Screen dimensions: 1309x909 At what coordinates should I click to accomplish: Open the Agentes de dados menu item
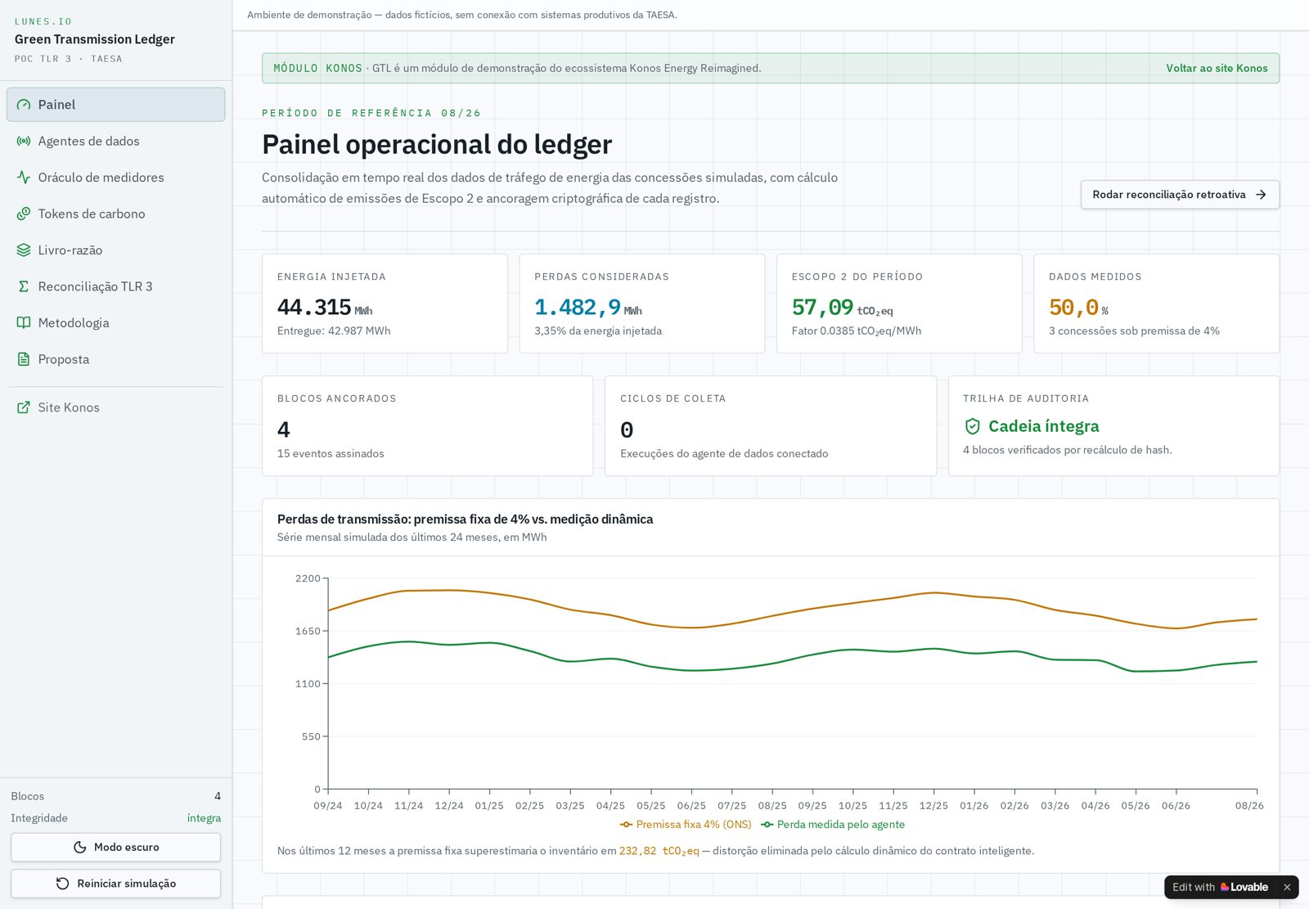[x=88, y=141]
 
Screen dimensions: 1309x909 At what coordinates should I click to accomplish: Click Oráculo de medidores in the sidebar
[x=101, y=177]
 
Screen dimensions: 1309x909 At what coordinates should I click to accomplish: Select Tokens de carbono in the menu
[x=91, y=214]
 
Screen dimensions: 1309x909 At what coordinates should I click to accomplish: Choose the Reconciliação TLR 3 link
[x=95, y=286]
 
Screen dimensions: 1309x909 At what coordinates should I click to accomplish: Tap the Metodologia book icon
[x=24, y=322]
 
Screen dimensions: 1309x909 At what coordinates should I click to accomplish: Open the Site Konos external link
[x=69, y=407]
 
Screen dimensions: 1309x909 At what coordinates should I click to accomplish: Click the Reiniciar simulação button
[x=115, y=884]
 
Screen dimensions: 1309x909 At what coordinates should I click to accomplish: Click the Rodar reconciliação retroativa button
[x=1180, y=195]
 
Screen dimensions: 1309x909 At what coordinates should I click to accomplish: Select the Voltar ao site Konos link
[x=1217, y=69]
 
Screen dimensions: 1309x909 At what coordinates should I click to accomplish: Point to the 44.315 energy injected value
[x=314, y=308]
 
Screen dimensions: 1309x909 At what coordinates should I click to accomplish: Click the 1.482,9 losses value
[x=578, y=308]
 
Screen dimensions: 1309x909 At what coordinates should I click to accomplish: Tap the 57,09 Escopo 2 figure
[x=822, y=308]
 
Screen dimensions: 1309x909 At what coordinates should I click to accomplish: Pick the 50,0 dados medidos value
[x=1073, y=308]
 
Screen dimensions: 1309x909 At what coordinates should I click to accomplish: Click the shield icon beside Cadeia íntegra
[x=973, y=426]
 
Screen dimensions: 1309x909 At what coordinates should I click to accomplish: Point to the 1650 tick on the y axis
[x=308, y=632]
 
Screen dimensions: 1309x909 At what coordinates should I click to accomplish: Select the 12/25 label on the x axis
[x=933, y=806]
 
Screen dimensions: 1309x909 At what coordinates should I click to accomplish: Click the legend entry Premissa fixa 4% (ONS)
[x=686, y=824]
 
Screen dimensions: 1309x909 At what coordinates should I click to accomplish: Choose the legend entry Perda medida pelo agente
[x=833, y=824]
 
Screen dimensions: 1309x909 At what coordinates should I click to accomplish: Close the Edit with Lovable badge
[x=1287, y=887]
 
